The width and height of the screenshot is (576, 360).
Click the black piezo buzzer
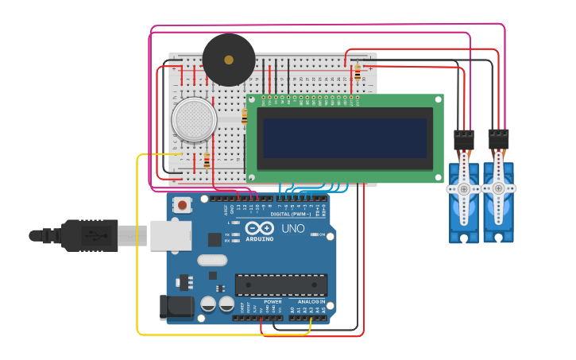[229, 60]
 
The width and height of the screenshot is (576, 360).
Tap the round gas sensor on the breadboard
[194, 120]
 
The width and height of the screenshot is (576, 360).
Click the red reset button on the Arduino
[183, 205]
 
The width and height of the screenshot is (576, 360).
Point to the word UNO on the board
[293, 228]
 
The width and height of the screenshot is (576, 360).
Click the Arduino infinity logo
[259, 228]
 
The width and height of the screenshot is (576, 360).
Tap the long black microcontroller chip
[280, 285]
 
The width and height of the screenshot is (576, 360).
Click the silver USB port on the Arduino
[170, 235]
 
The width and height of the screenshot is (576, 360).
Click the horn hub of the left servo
[463, 189]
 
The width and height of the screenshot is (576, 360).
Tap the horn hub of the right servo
[498, 188]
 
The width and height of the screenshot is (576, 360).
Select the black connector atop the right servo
[498, 139]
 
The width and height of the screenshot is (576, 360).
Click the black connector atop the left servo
[463, 140]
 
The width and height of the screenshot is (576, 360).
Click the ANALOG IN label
[311, 302]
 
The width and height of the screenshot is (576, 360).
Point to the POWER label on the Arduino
[273, 302]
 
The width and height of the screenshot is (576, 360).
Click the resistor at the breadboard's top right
[358, 72]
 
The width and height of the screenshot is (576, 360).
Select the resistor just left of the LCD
[244, 116]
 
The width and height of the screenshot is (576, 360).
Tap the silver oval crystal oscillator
[212, 260]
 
